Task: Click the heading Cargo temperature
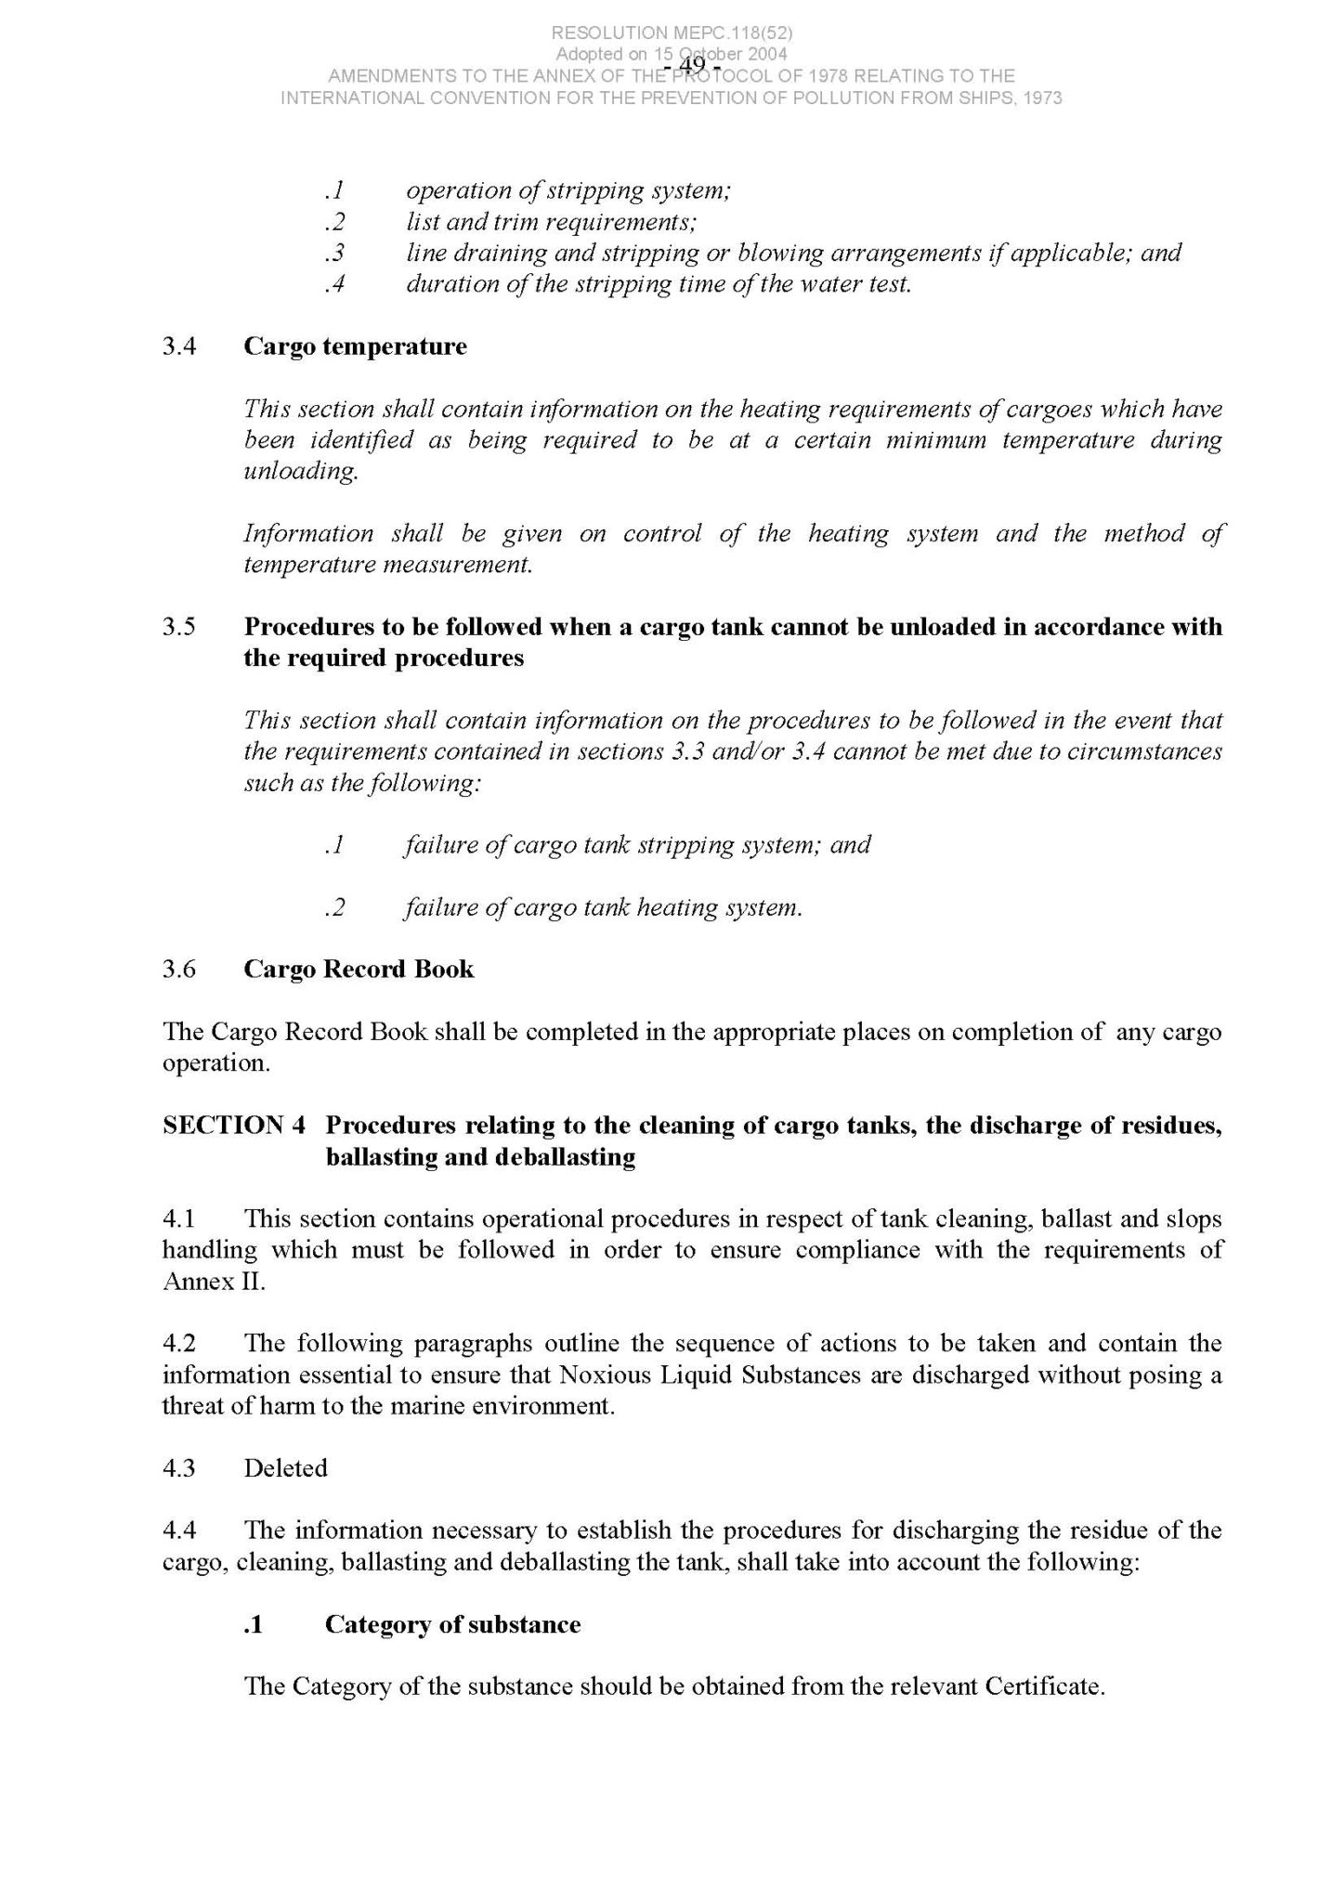[355, 346]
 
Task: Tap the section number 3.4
[178, 346]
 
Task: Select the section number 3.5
[178, 627]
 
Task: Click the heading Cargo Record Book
[359, 969]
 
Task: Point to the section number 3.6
[178, 969]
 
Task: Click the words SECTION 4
[234, 1125]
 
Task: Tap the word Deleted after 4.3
[285, 1468]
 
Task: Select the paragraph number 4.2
[178, 1344]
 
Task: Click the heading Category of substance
[452, 1624]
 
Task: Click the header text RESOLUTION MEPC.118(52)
[672, 33]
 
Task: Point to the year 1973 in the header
[1042, 98]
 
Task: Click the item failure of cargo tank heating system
[603, 907]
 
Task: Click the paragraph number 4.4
[178, 1531]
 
